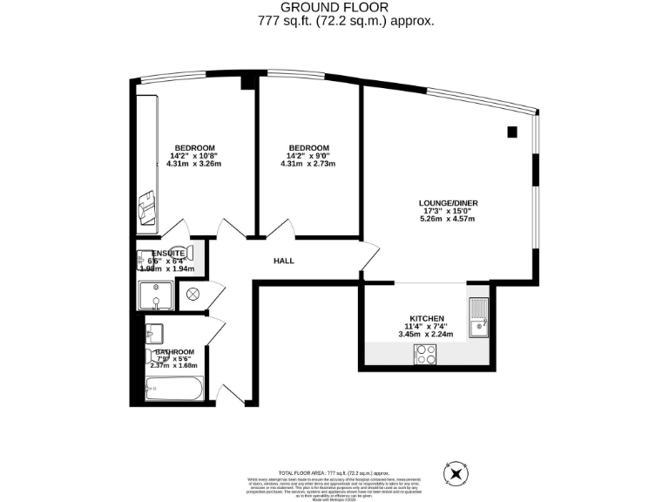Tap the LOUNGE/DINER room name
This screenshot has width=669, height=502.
pyautogui.click(x=449, y=203)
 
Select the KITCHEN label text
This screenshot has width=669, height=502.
pyautogui.click(x=428, y=318)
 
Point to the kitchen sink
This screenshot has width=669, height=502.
pyautogui.click(x=478, y=317)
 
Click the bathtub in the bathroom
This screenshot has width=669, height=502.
pyautogui.click(x=174, y=389)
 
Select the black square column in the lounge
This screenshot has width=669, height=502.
pyautogui.click(x=511, y=132)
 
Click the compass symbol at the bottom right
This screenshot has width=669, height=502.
pyautogui.click(x=456, y=473)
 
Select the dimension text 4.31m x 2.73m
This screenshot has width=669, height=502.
pyautogui.click(x=309, y=164)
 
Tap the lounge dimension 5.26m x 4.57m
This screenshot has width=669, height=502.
pyautogui.click(x=449, y=219)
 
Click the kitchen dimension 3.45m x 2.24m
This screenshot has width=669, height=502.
pyautogui.click(x=428, y=334)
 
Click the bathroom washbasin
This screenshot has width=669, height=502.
pyautogui.click(x=154, y=332)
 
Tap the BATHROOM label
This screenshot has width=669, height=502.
pyautogui.click(x=174, y=352)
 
